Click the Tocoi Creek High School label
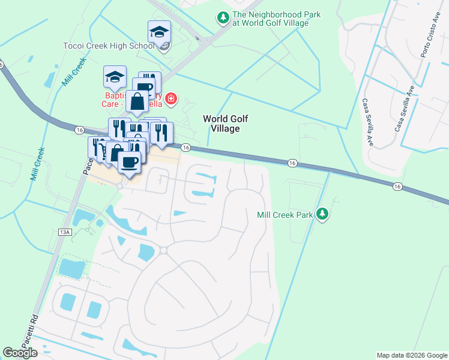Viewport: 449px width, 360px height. (109, 46)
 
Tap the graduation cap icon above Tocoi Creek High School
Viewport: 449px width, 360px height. (160, 32)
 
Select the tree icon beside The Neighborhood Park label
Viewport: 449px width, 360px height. (223, 19)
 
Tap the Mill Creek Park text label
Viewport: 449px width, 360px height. (285, 214)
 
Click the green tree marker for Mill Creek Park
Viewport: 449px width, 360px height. (323, 214)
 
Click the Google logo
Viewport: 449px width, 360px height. (20, 353)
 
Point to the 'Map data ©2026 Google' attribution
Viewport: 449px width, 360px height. (412, 355)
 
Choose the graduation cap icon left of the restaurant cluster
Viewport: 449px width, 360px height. (115, 77)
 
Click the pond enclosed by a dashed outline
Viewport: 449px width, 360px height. (71, 267)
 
